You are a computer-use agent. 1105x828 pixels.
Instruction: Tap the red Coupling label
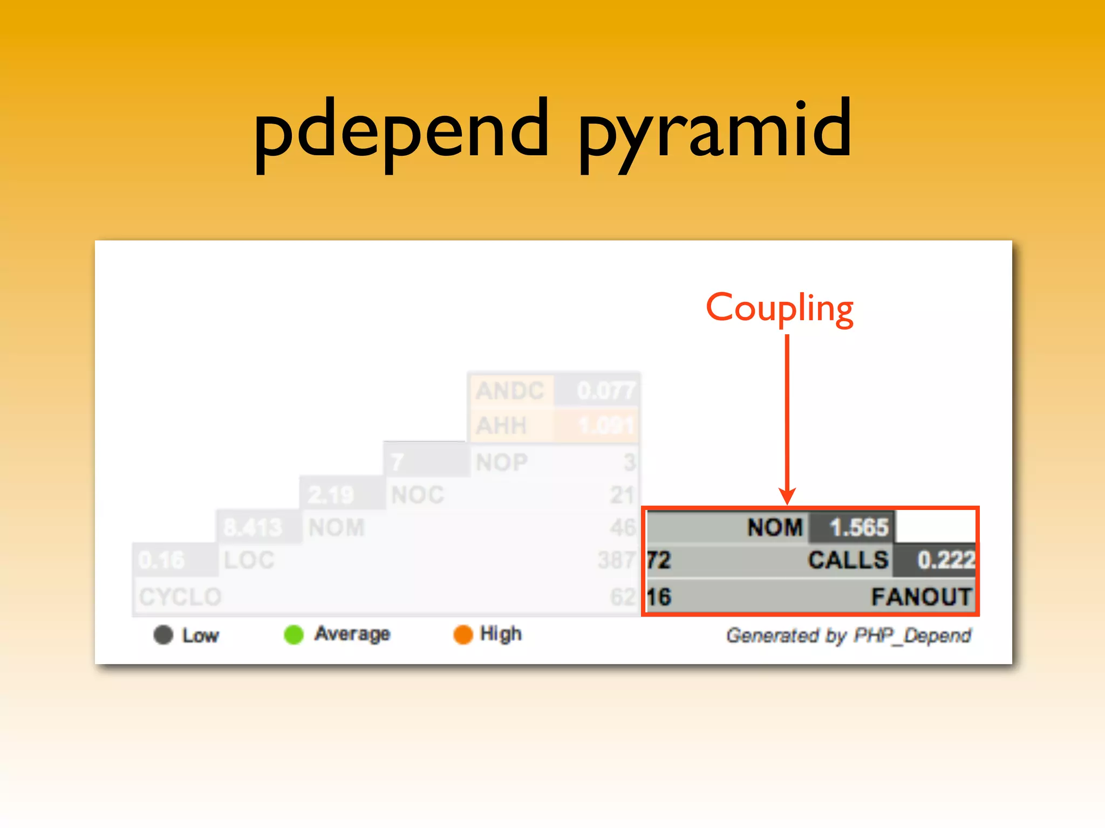coord(780,308)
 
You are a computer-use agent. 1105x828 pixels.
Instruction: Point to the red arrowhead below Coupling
coord(787,495)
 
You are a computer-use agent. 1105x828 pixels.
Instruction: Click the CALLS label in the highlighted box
coord(848,560)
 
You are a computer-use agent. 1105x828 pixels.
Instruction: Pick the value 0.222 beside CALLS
coord(946,560)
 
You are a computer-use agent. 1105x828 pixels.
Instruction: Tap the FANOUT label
coord(922,597)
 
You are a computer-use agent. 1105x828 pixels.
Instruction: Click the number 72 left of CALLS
coord(659,560)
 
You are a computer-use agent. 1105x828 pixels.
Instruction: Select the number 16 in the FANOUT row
coord(659,597)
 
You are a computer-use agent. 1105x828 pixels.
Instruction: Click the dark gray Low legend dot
coord(163,634)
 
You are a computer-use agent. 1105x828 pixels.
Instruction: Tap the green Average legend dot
coord(294,634)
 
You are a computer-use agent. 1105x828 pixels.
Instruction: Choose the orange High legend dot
coord(463,634)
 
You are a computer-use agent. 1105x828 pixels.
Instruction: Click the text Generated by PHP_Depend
coord(849,636)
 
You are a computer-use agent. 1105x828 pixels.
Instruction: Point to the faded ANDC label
coord(510,391)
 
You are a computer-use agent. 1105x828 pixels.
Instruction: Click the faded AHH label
coord(501,426)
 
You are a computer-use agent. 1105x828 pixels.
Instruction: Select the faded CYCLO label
coord(180,597)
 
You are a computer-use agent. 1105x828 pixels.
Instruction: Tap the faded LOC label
coord(249,560)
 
